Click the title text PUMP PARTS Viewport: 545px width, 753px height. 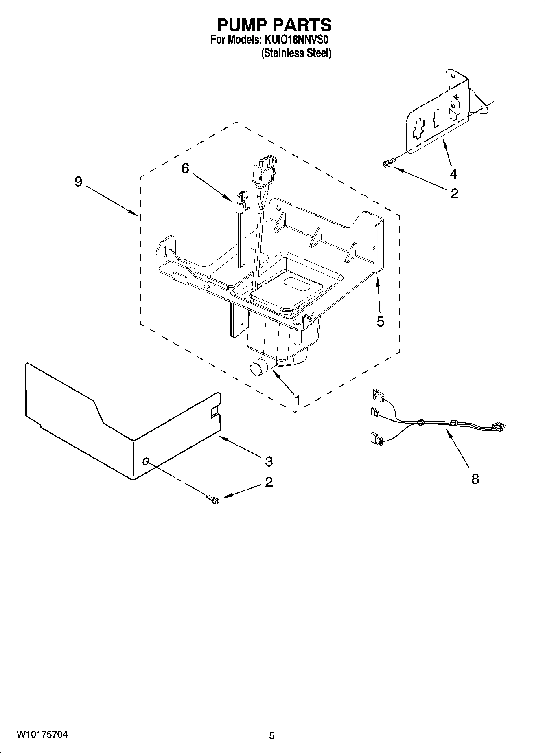click(x=274, y=25)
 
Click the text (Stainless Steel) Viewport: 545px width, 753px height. click(x=296, y=53)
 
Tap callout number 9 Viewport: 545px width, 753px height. click(x=78, y=182)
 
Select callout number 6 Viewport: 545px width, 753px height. click(x=185, y=168)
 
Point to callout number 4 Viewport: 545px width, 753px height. click(x=453, y=174)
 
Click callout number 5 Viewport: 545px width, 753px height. click(x=380, y=322)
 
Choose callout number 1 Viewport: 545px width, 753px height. click(x=297, y=400)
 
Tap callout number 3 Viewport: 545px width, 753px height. click(x=269, y=461)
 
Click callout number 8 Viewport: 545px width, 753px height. click(x=475, y=479)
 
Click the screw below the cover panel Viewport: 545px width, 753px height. click(x=212, y=498)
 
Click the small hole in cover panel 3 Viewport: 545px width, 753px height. click(x=146, y=461)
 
